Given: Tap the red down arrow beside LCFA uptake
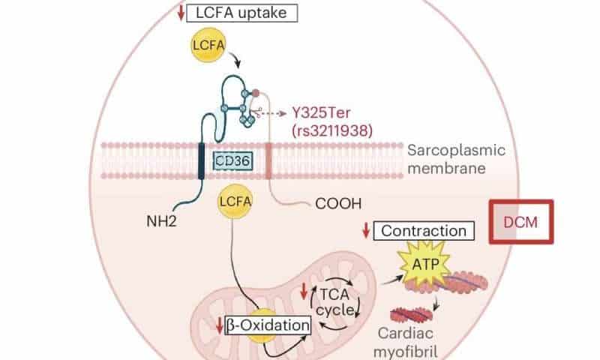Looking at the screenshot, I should click(202, 13).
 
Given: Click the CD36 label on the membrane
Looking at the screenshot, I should click(232, 159).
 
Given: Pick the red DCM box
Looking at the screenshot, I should click(521, 222).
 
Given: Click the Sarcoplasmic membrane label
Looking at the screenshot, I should click(456, 159).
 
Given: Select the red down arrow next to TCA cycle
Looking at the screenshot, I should click(304, 291).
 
